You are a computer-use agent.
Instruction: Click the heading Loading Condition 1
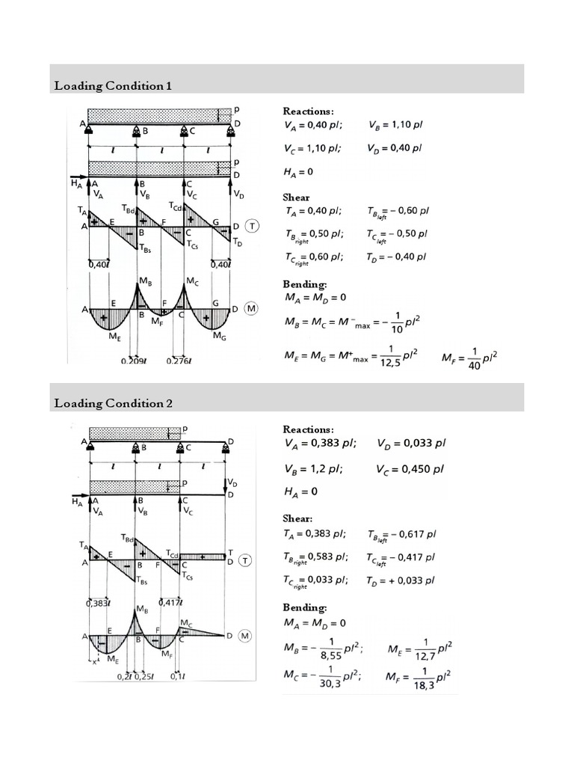point(113,86)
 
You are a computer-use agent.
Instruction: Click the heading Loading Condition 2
point(114,404)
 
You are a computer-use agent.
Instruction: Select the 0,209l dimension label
point(136,361)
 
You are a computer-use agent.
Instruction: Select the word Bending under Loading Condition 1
point(304,285)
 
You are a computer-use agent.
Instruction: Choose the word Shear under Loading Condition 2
point(297,518)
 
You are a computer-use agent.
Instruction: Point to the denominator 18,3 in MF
point(425,685)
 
